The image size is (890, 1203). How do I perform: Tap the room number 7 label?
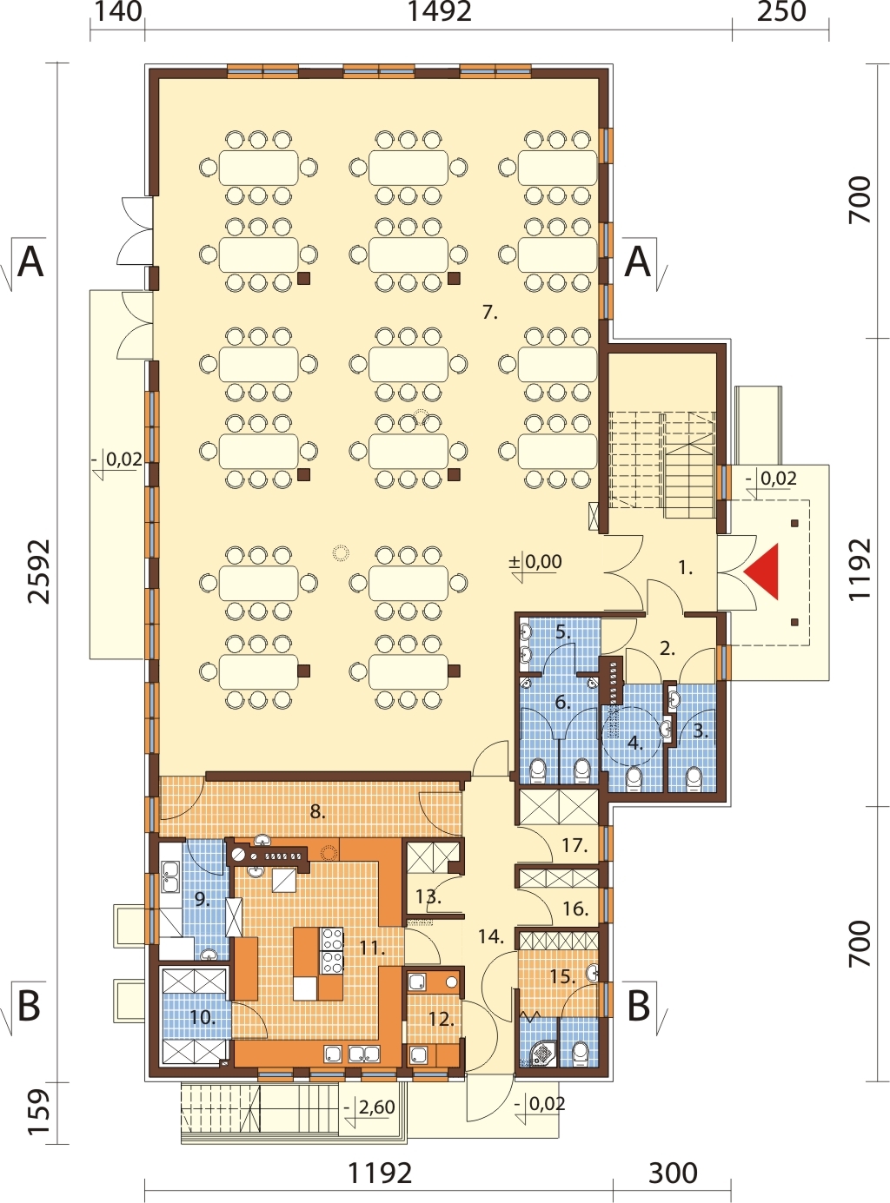[x=490, y=313]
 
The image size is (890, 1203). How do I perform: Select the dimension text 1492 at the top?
[x=439, y=12]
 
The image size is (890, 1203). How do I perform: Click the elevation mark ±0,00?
[x=535, y=561]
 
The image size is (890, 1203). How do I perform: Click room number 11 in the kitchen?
[x=372, y=949]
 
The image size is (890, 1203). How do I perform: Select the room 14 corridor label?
[x=491, y=935]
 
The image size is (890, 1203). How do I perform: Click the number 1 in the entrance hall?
[x=686, y=568]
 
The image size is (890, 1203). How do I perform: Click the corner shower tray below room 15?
[x=540, y=1055]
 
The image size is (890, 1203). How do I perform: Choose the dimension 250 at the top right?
[x=781, y=12]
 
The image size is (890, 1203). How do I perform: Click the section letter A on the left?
[x=30, y=262]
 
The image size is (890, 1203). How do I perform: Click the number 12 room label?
[x=442, y=1019]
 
